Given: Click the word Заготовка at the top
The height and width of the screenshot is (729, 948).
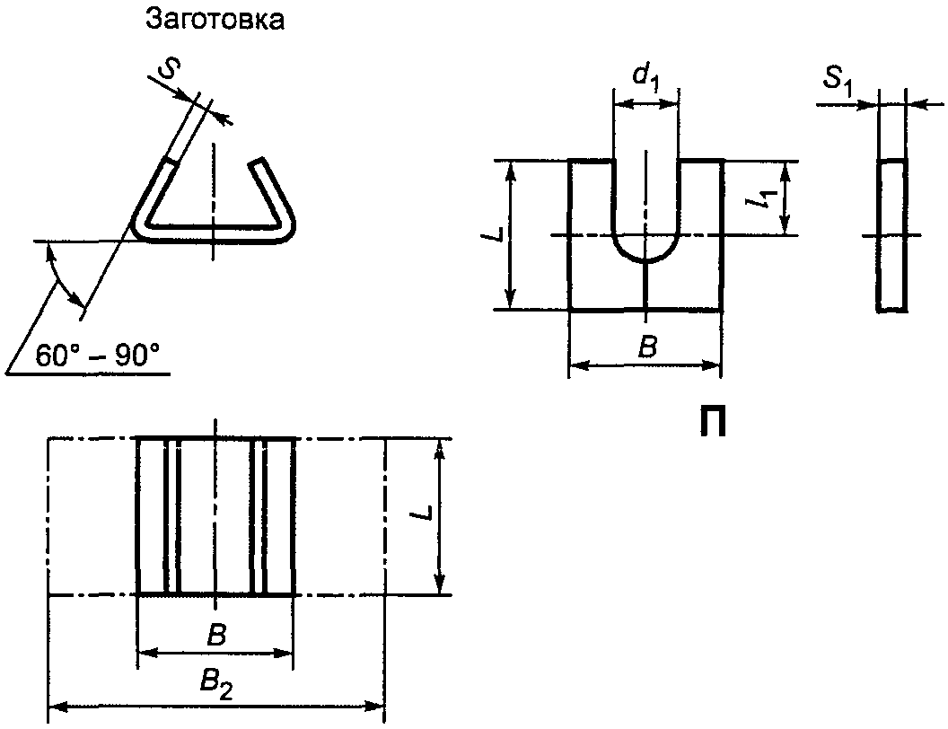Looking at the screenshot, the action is [x=215, y=20].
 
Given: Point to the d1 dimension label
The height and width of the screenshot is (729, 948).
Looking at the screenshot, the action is [x=645, y=76].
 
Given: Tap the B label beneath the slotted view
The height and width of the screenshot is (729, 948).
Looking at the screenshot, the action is [x=647, y=347].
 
